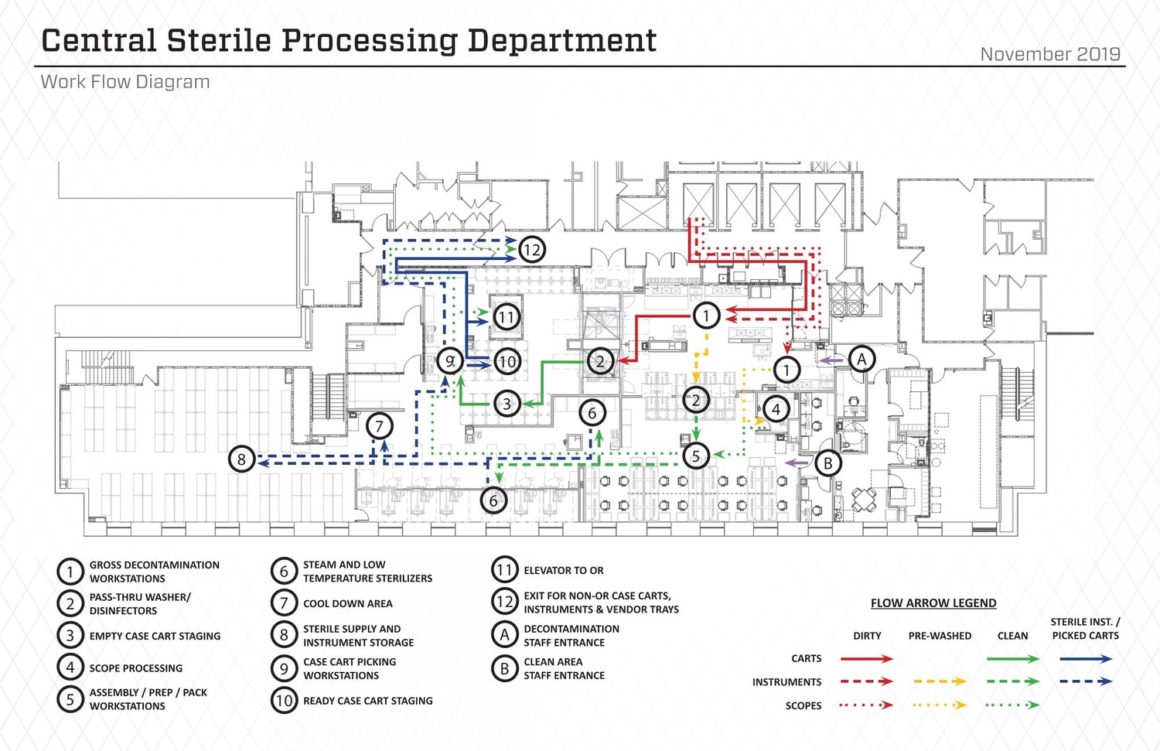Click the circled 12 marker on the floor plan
click(x=531, y=250)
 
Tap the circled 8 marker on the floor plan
click(x=241, y=459)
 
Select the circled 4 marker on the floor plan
click(x=776, y=409)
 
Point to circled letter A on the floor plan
click(x=861, y=359)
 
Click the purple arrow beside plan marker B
click(x=797, y=463)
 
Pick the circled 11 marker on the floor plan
click(x=506, y=317)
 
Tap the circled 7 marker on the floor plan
click(x=379, y=426)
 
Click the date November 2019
click(x=1049, y=54)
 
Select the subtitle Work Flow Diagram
click(x=125, y=82)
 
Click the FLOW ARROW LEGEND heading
click(x=933, y=603)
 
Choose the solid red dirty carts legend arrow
click(x=866, y=659)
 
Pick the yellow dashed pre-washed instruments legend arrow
click(x=940, y=682)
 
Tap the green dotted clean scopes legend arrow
click(x=1012, y=705)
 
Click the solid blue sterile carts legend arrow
click(x=1085, y=659)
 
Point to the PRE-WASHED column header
click(x=940, y=636)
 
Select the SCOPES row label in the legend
click(x=803, y=705)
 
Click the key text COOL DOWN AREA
click(x=347, y=603)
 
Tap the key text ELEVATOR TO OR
click(x=563, y=571)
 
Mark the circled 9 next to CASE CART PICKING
click(x=284, y=668)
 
